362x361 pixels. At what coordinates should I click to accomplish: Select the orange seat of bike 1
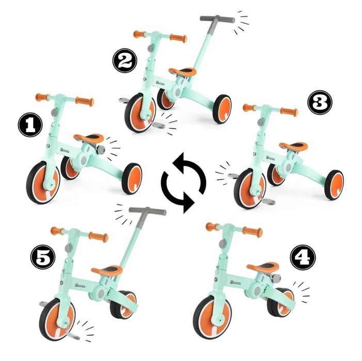[x=88, y=138]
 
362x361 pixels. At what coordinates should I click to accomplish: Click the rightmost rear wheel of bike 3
[x=334, y=184]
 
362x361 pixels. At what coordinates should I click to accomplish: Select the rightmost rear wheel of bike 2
[x=222, y=108]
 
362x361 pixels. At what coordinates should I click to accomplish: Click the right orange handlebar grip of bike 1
[x=85, y=102]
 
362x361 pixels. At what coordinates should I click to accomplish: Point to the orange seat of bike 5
[x=107, y=270]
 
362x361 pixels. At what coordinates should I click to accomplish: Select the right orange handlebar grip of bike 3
[x=289, y=111]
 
